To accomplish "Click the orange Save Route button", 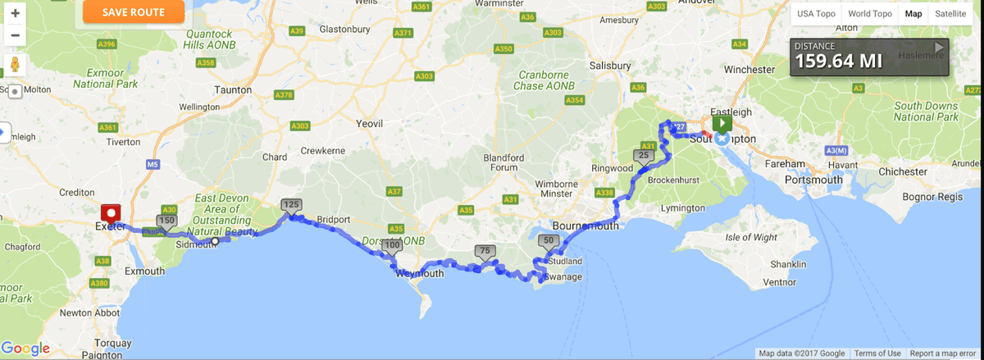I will point(134,12).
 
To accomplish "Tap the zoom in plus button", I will point(15,14).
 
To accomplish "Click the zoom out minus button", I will point(15,35).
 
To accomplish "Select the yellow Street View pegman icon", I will point(15,65).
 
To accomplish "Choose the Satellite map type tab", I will point(950,14).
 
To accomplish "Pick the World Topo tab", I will point(870,14).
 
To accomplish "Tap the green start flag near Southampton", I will point(722,124).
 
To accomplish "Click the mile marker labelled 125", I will point(291,204).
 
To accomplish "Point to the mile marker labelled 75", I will point(485,252).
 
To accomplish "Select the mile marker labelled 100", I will point(392,245).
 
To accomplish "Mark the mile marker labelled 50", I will point(549,240).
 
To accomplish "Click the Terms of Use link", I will point(877,353).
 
